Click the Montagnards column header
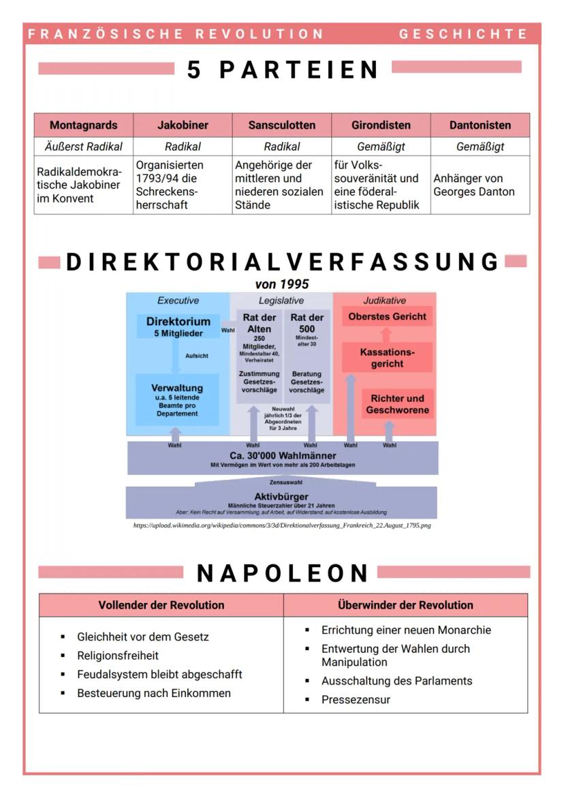pos(83,125)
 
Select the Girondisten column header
pos(381,125)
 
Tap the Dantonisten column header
pos(480,125)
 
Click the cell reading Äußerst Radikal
pos(83,147)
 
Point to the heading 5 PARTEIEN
pos(283,70)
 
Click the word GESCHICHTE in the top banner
pos(463,34)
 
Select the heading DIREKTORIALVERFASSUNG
pos(283,262)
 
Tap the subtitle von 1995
pos(282,284)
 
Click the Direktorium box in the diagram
pos(178,326)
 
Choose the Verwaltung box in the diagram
pos(177,399)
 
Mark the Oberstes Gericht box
pos(387,317)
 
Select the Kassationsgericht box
pos(387,358)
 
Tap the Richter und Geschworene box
pos(397,404)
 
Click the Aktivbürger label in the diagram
pos(281,496)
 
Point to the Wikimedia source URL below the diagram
pos(282,526)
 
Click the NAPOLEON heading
pos(282,574)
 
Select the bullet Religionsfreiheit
pos(118,656)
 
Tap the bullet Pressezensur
pos(356,699)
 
